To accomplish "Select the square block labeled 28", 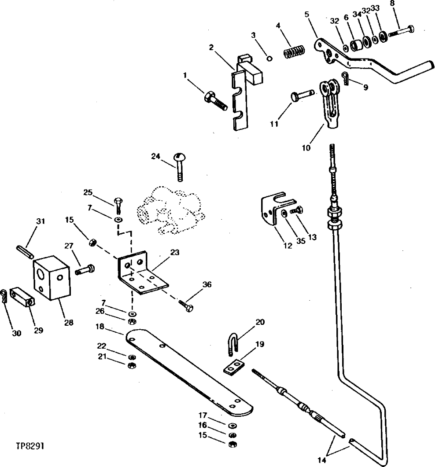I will click(x=52, y=278).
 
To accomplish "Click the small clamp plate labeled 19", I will click(x=235, y=366).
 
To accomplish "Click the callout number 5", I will click(x=306, y=14).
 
